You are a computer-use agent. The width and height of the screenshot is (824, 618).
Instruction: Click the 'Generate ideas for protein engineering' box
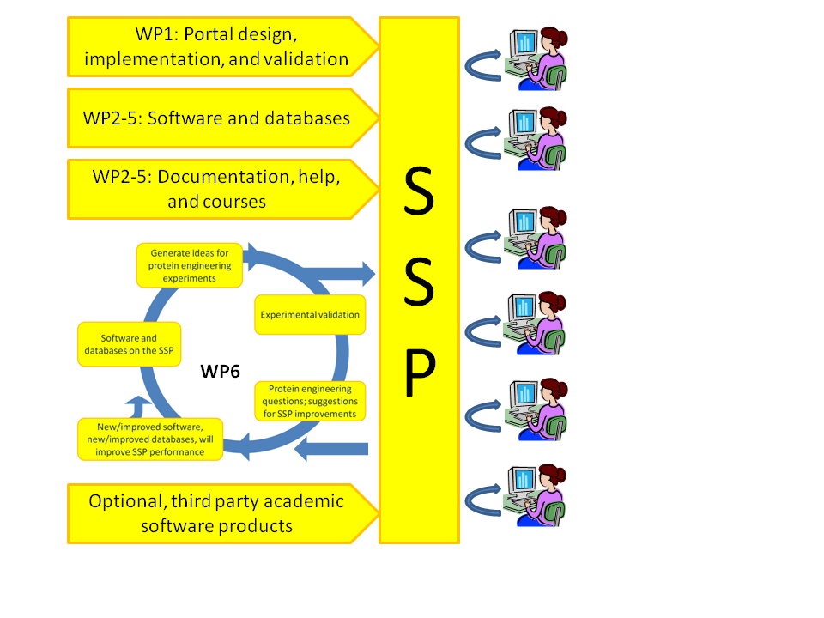pyautogui.click(x=190, y=265)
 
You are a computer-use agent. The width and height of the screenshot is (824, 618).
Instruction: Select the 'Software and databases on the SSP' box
pyautogui.click(x=117, y=344)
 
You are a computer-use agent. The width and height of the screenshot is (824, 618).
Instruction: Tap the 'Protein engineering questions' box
pyautogui.click(x=312, y=401)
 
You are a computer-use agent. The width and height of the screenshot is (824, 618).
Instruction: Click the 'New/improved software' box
pyautogui.click(x=150, y=439)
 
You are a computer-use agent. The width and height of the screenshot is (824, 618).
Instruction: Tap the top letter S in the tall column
pyautogui.click(x=419, y=193)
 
